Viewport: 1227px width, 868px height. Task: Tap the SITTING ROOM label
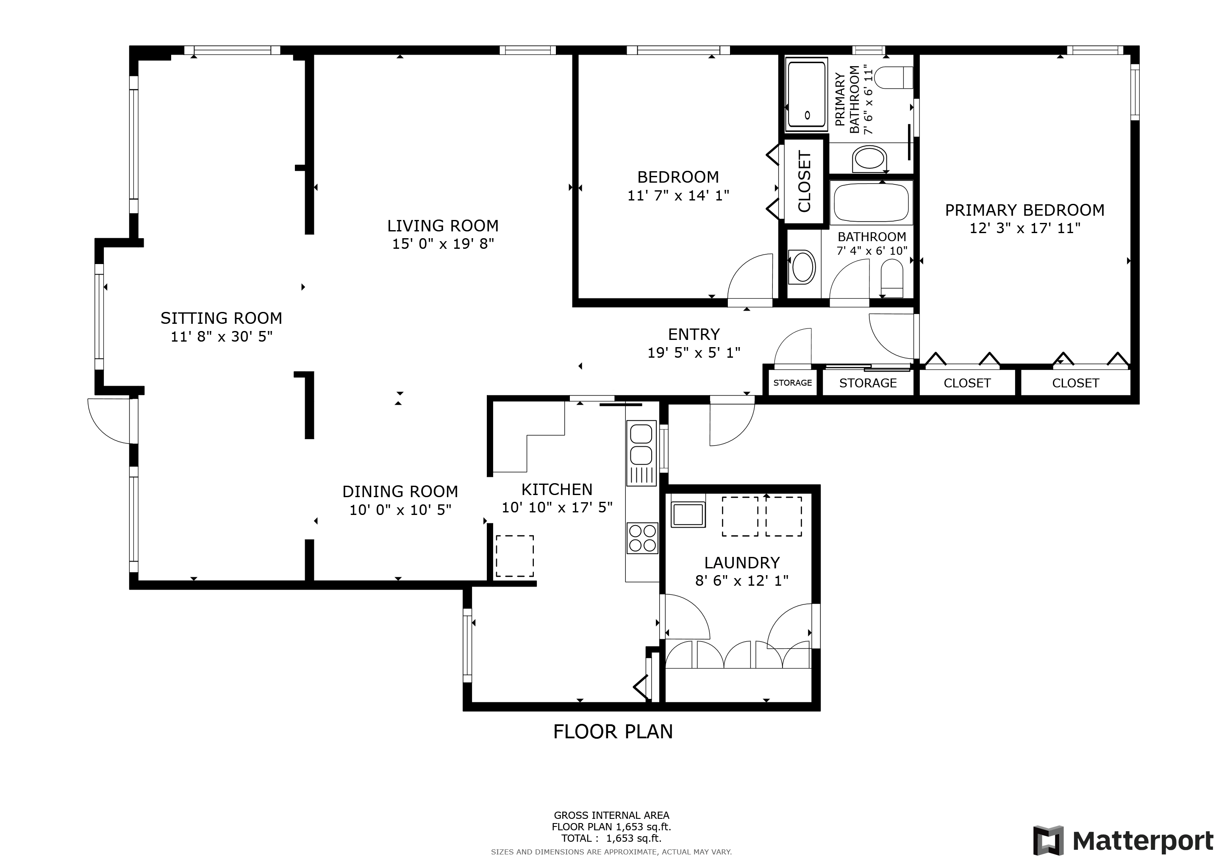(x=221, y=318)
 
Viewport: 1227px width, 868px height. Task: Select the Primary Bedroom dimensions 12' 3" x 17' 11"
(x=1025, y=228)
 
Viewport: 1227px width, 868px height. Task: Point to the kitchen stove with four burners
(x=642, y=538)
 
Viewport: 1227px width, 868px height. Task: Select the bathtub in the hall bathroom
(x=871, y=202)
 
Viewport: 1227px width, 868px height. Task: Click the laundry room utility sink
(x=688, y=514)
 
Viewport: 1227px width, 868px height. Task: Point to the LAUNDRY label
(x=742, y=563)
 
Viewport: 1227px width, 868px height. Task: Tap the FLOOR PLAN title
(x=613, y=732)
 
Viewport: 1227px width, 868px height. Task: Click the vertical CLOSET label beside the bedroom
(x=804, y=182)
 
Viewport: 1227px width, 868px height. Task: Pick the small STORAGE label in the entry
(x=793, y=383)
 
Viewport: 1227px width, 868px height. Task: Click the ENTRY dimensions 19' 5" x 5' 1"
(x=694, y=353)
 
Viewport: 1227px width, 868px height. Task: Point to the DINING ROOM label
(x=400, y=491)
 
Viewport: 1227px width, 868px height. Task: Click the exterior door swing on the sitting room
(x=108, y=421)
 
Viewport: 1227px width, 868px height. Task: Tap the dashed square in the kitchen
(x=515, y=556)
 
